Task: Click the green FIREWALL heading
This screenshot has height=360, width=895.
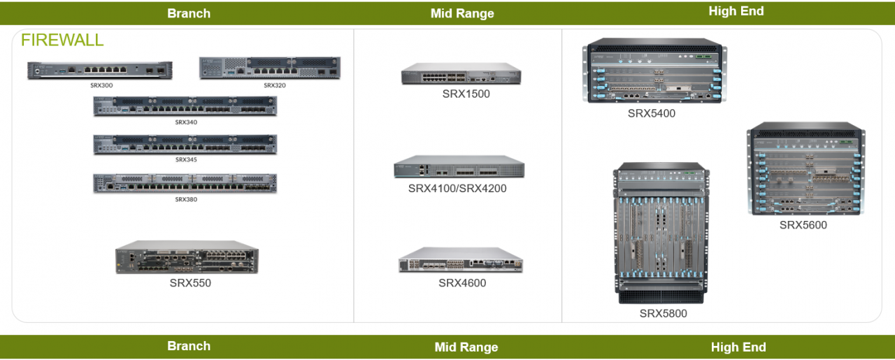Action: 62,41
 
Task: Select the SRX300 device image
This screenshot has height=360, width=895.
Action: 99,71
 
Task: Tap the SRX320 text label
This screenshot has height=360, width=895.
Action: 275,85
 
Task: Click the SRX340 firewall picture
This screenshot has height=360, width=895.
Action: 185,106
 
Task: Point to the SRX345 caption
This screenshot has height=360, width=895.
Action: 186,159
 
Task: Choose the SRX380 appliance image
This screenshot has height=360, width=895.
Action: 185,184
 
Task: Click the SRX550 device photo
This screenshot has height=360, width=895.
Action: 187,258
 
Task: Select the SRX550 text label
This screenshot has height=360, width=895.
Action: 190,283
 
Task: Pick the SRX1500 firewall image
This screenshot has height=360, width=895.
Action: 461,74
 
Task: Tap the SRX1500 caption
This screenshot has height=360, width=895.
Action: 466,94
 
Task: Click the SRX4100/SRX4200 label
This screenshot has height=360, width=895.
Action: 457,189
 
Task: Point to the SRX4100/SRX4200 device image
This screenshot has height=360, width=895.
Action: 459,167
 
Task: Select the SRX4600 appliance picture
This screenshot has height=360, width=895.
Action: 461,260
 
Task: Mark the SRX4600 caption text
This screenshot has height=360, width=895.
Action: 462,283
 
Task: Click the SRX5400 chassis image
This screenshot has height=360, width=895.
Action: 654,71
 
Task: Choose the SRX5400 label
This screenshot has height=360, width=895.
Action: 651,113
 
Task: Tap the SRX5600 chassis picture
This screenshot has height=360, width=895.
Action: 805,169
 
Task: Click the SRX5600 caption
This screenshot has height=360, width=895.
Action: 803,225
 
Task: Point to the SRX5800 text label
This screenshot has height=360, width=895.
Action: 663,314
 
